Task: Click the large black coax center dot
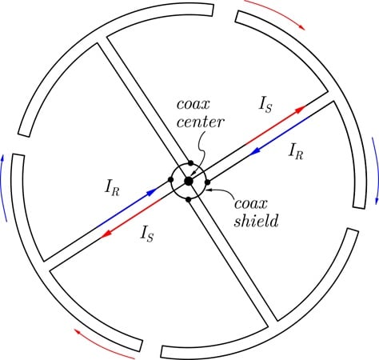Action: click(x=189, y=181)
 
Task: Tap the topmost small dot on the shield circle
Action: click(x=190, y=162)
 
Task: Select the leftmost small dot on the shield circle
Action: click(x=171, y=179)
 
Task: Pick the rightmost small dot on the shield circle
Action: click(x=207, y=182)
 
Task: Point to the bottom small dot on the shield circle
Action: click(x=188, y=199)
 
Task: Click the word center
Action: click(x=200, y=122)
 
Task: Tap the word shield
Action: click(x=256, y=220)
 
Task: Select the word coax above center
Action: click(x=193, y=104)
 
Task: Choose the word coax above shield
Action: click(x=250, y=204)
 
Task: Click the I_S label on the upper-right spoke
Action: click(x=265, y=105)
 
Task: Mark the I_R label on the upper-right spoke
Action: click(x=296, y=152)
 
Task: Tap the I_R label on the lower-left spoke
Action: click(x=112, y=189)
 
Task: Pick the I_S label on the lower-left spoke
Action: click(x=147, y=234)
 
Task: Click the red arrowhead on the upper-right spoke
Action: click(x=301, y=109)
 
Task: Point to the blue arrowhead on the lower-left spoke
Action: click(x=152, y=192)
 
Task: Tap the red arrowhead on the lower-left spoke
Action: click(x=106, y=234)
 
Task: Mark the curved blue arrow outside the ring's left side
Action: click(x=2, y=188)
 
